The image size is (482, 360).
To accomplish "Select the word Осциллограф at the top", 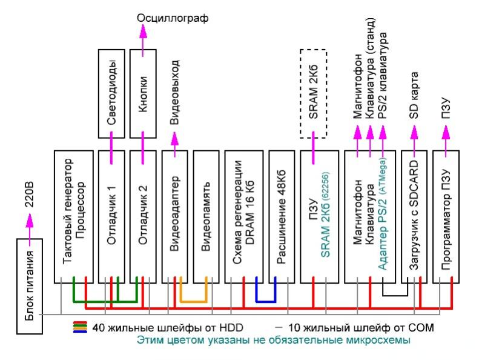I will (x=173, y=18).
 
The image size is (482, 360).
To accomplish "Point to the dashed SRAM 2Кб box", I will (x=314, y=94).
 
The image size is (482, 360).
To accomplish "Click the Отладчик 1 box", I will (x=112, y=215).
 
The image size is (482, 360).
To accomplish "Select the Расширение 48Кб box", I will (x=280, y=215).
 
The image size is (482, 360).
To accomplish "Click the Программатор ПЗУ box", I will (x=446, y=215).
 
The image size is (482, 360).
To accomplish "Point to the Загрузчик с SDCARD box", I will (x=414, y=215).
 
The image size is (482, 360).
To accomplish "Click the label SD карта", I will (x=414, y=97).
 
